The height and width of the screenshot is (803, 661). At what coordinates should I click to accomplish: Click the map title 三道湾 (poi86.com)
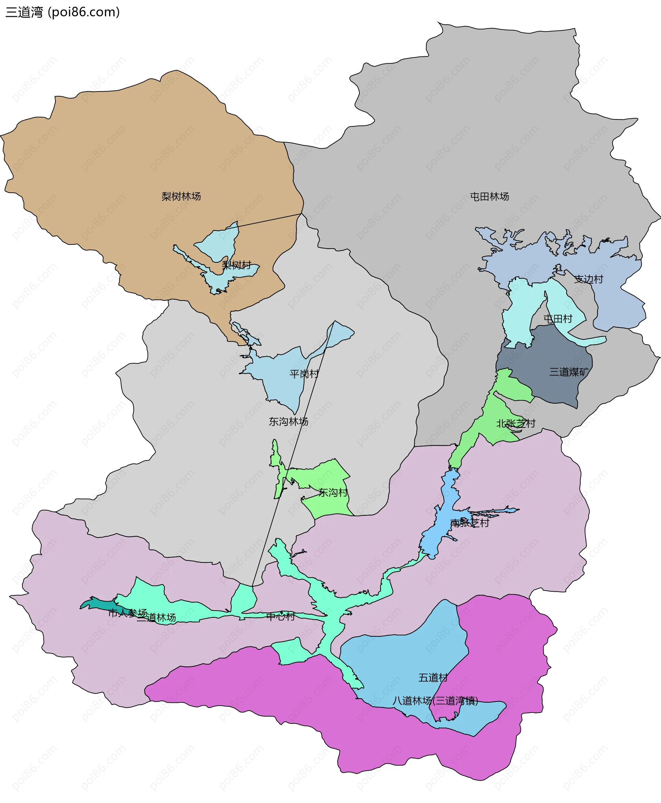[63, 12]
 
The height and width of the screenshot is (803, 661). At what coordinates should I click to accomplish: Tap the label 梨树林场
[181, 197]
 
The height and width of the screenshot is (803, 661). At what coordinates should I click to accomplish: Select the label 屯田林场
[489, 197]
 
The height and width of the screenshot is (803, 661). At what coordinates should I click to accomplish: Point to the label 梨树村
[237, 265]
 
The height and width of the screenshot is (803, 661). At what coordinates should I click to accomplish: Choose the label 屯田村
[558, 319]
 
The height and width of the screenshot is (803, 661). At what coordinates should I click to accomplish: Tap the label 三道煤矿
[568, 372]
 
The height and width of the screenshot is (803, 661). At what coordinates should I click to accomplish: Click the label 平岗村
[304, 374]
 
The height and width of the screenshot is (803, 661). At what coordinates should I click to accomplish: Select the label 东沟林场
[288, 421]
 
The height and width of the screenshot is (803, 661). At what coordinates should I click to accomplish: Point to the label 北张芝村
[516, 424]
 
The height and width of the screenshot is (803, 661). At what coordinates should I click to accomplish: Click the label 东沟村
[333, 493]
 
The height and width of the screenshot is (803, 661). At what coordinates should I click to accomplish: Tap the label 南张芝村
[469, 523]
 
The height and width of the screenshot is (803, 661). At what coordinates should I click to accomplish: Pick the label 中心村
[280, 616]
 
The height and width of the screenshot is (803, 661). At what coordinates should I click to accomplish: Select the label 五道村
[433, 678]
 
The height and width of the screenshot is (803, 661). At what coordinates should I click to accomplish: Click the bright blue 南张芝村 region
[438, 533]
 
